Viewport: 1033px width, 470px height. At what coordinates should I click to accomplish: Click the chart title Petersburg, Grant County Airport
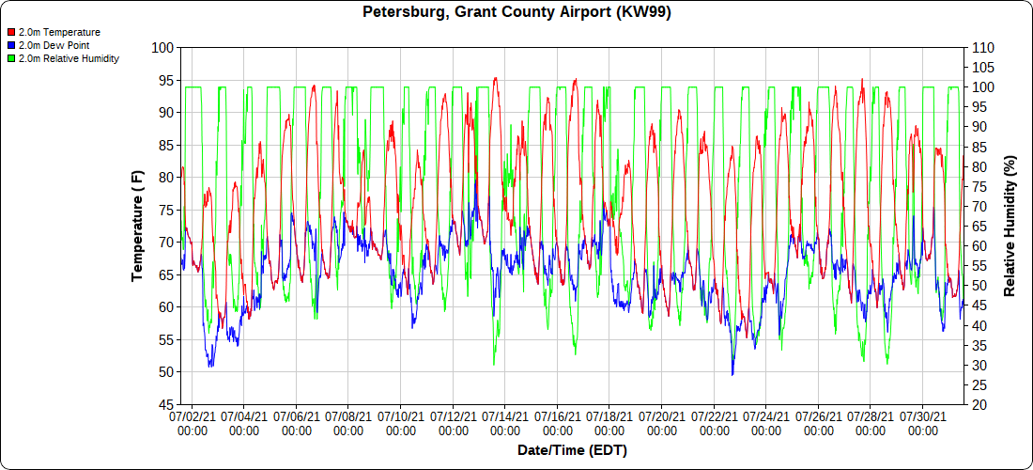(x=516, y=12)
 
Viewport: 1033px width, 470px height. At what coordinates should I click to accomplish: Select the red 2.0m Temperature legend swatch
(x=10, y=32)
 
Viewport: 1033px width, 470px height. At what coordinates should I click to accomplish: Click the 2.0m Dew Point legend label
(x=53, y=45)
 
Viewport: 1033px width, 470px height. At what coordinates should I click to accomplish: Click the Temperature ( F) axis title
(x=138, y=226)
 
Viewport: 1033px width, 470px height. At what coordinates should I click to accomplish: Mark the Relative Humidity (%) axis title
(x=1010, y=226)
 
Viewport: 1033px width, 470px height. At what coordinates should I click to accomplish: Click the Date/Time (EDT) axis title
(x=572, y=450)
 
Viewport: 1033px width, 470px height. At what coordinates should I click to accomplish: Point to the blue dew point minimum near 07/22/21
(x=732, y=374)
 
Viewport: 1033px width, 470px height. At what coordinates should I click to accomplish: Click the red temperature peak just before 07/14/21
(x=495, y=79)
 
